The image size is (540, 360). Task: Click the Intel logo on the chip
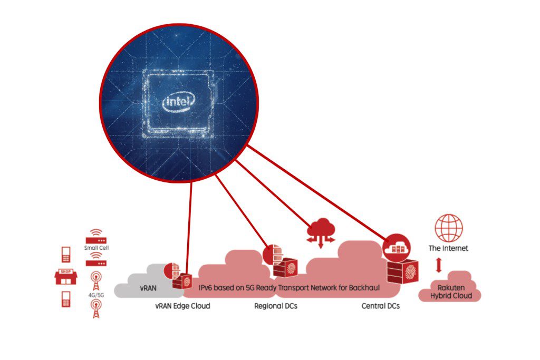(x=178, y=102)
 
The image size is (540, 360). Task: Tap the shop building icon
(x=66, y=277)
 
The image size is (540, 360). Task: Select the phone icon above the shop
(x=66, y=255)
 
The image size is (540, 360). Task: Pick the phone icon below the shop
(x=66, y=299)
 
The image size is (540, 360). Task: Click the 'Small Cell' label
(x=97, y=248)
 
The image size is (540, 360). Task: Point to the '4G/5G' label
(x=96, y=295)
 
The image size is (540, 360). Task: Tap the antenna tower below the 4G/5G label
(x=96, y=308)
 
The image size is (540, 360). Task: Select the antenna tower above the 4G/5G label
(x=96, y=281)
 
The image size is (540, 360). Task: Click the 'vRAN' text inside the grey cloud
(x=148, y=288)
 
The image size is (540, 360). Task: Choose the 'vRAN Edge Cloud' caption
(x=182, y=306)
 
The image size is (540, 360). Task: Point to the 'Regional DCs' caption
(x=275, y=306)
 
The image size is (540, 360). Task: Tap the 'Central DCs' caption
(x=381, y=306)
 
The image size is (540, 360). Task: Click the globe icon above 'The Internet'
(x=448, y=228)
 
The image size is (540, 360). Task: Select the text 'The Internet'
(x=448, y=248)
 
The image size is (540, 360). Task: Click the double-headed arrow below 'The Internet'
(x=438, y=265)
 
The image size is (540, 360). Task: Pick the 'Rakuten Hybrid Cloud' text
(x=451, y=291)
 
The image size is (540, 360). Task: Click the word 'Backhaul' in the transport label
(x=364, y=288)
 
